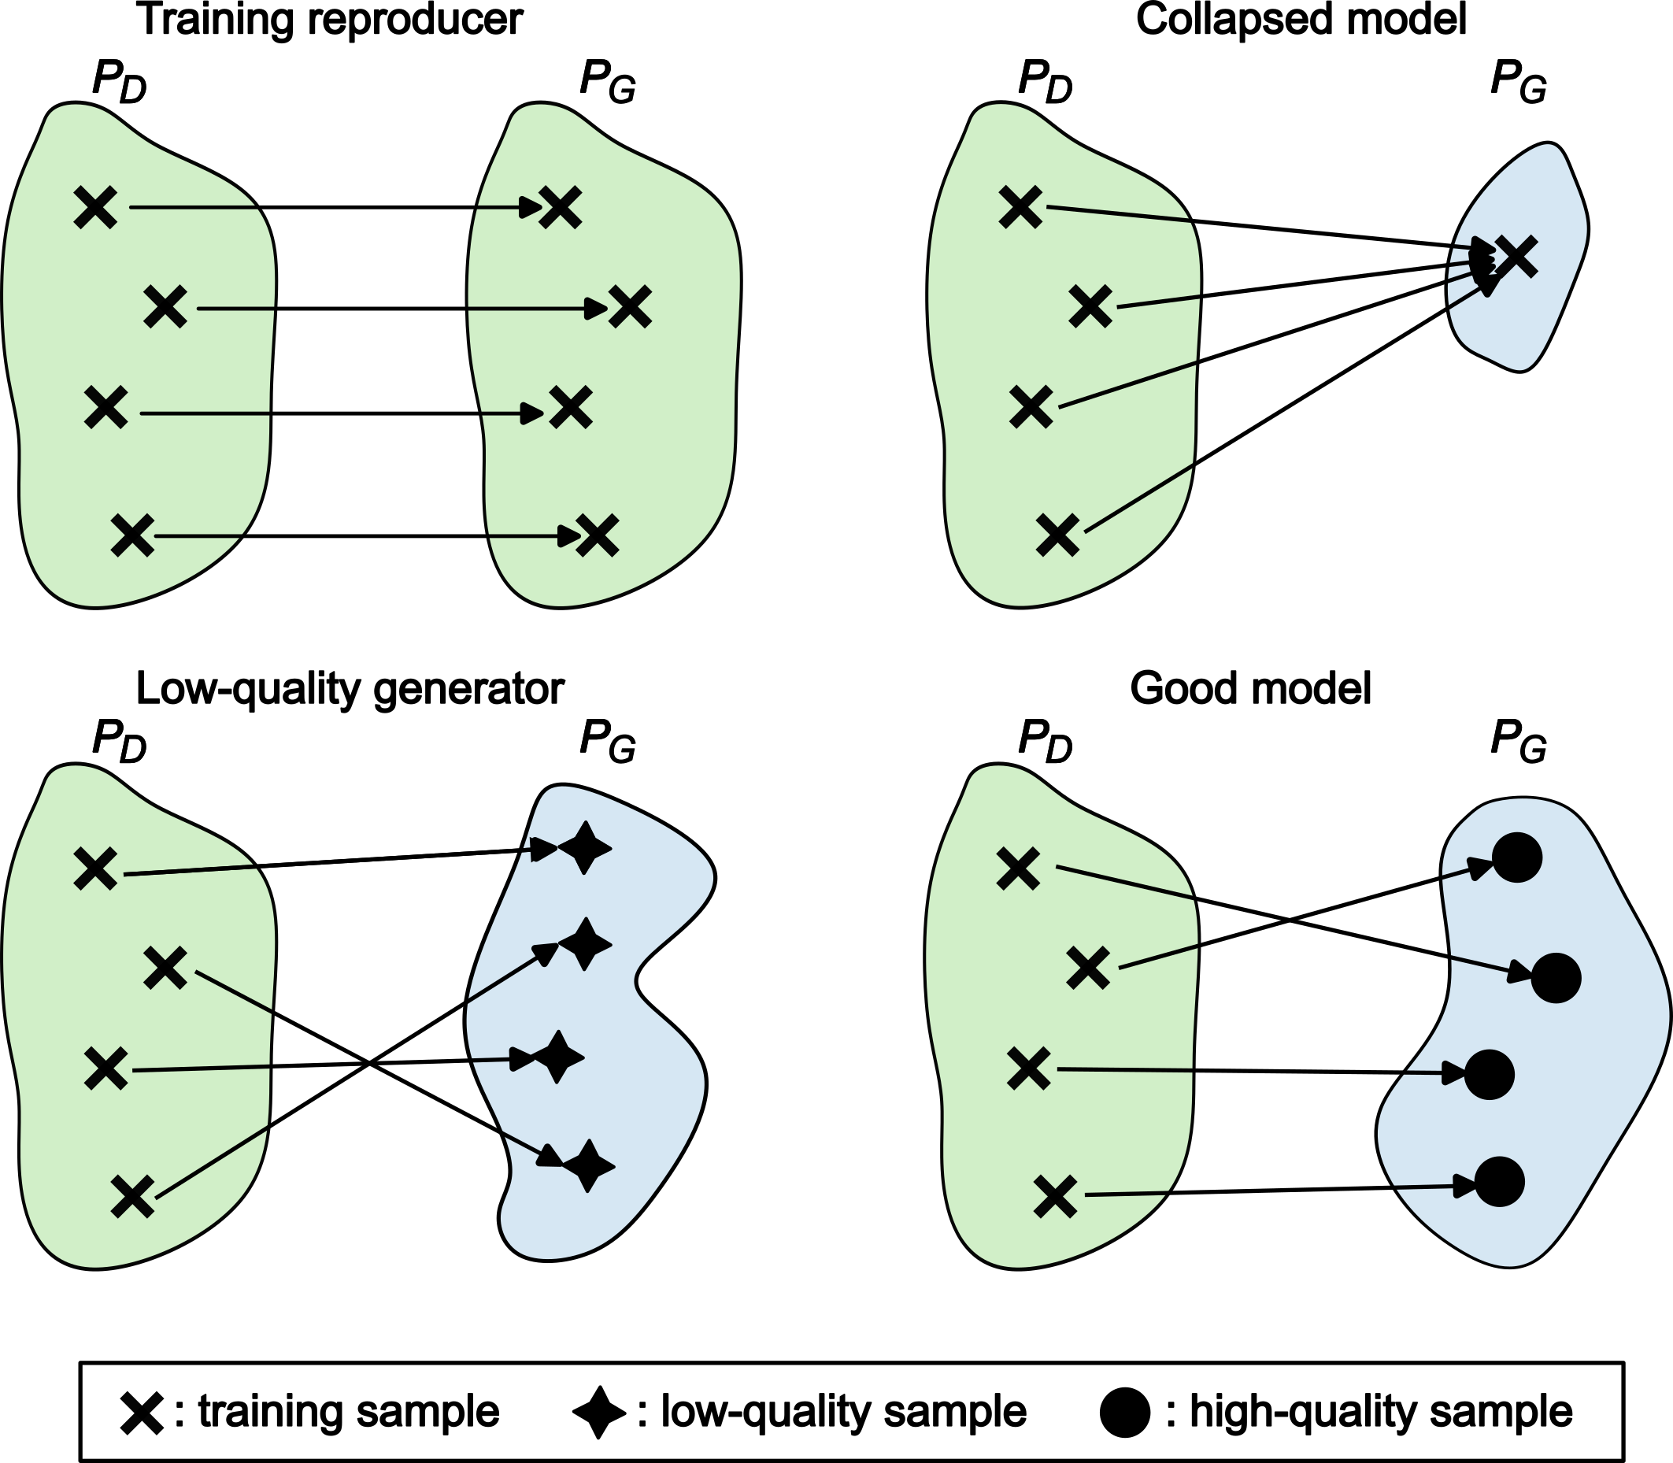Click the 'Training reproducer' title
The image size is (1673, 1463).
[x=331, y=20]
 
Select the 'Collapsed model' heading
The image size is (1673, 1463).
[x=1301, y=20]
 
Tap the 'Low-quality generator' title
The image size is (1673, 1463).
[x=350, y=689]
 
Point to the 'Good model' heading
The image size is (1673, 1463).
[x=1250, y=689]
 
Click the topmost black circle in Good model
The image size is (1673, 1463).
[x=1516, y=858]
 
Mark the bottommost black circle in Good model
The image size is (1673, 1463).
[x=1500, y=1181]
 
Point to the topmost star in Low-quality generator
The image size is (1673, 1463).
[x=583, y=849]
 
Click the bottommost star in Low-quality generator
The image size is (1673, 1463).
[x=587, y=1166]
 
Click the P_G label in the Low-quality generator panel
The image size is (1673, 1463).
[x=607, y=743]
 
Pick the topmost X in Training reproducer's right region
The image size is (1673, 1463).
[x=561, y=207]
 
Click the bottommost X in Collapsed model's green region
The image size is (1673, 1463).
[x=1058, y=535]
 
